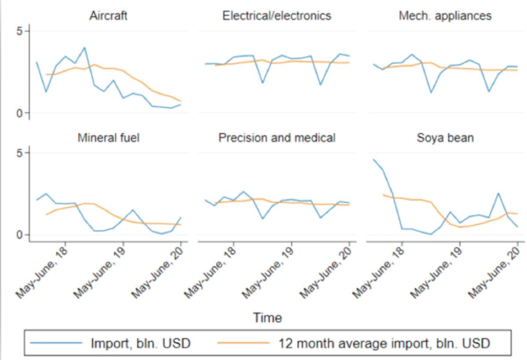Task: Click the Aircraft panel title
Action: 108,16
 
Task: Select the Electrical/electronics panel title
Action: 277,16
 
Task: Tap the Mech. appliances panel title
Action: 445,16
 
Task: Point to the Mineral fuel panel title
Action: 108,138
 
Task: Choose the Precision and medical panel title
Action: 277,138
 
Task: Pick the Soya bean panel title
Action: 445,138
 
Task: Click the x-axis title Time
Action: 267,317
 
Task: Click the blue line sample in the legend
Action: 54,343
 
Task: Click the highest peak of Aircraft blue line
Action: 84,47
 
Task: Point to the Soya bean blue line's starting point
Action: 373,160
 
